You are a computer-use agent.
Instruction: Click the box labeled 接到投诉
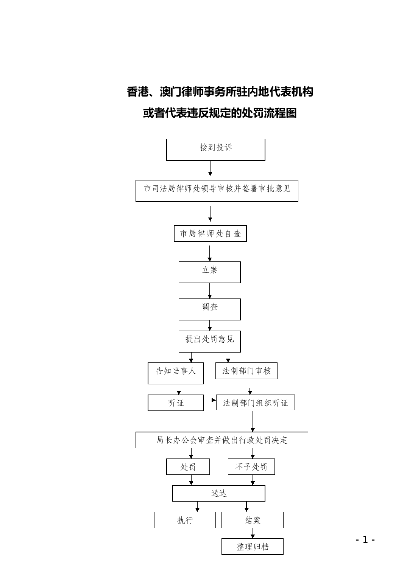click(215, 150)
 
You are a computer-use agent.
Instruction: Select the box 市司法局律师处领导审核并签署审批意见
click(217, 191)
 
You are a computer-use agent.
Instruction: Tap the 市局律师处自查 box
click(210, 233)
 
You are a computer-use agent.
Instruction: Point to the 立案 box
click(210, 272)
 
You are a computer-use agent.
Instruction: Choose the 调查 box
click(210, 309)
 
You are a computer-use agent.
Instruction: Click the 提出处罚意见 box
click(210, 341)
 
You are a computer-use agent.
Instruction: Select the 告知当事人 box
click(176, 373)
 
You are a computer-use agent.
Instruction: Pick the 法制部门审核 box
click(246, 371)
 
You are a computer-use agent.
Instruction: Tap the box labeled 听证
click(176, 403)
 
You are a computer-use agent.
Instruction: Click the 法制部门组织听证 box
click(256, 402)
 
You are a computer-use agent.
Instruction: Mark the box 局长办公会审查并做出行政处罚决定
click(222, 440)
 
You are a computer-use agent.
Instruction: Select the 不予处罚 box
click(251, 467)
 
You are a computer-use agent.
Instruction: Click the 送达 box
click(219, 493)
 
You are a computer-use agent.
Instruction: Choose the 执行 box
click(185, 520)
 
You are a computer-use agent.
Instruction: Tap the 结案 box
click(253, 520)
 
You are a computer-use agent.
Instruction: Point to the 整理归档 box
click(253, 547)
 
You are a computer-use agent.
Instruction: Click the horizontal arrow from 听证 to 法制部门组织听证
click(210, 400)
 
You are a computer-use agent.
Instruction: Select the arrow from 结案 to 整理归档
click(253, 533)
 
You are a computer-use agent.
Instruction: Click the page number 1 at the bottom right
click(365, 539)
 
